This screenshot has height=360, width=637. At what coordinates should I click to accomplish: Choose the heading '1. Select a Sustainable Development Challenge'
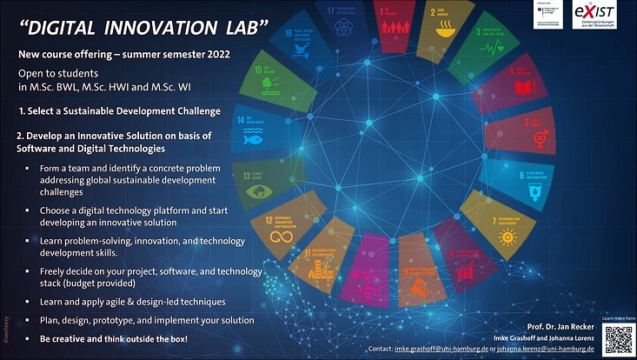119,112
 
